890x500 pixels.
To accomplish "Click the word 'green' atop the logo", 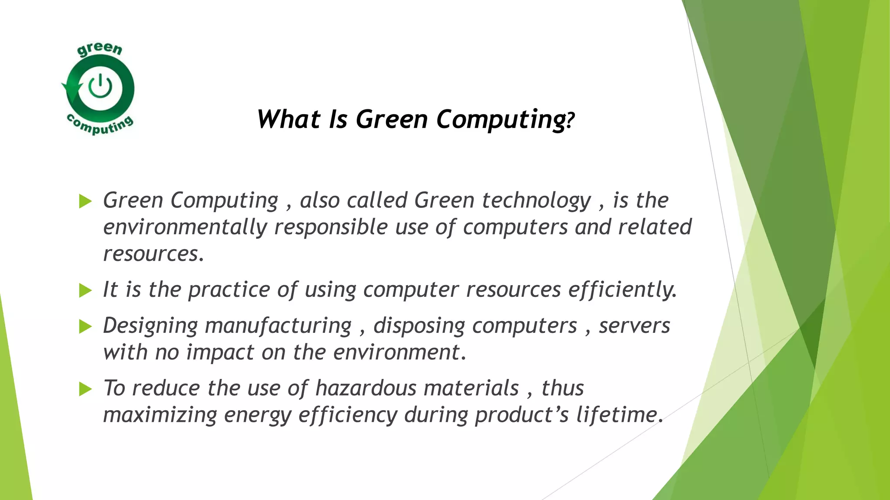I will tap(100, 49).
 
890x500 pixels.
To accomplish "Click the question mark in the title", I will tap(571, 120).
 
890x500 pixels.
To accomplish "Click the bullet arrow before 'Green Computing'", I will tap(86, 201).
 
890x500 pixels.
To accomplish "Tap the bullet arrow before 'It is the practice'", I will tap(86, 290).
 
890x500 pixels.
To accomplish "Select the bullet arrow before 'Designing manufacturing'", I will tap(86, 326).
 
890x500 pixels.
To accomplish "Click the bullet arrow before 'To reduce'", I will tap(86, 389).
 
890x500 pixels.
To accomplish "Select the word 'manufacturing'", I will tap(278, 326).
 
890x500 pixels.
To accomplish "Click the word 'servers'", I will tap(634, 326).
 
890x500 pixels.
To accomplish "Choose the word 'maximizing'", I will tap(159, 415).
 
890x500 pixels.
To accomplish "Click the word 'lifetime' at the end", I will tap(619, 415).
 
